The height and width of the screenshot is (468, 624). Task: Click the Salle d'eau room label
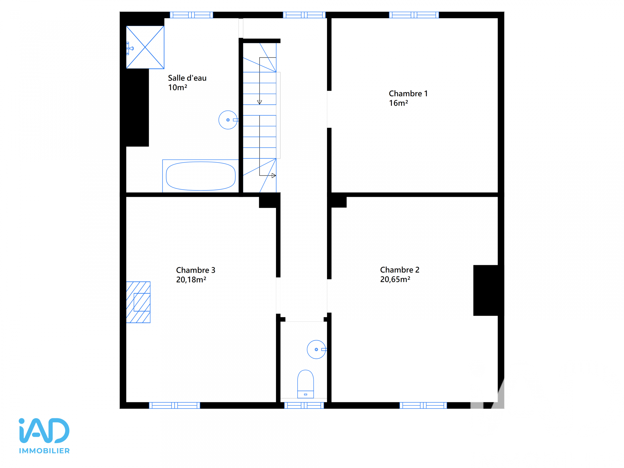point(187,78)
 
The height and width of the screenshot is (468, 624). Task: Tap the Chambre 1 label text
point(408,94)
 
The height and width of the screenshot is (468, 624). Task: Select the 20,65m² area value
point(395,279)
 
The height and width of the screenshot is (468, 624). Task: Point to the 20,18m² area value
point(191,279)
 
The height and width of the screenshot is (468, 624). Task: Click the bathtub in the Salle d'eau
point(201,176)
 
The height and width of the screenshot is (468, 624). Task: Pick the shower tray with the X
point(145,47)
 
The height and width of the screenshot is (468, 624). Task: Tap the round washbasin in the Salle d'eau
point(228,120)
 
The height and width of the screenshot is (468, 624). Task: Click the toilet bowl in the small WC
point(305,384)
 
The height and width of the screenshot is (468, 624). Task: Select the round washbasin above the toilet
point(317,349)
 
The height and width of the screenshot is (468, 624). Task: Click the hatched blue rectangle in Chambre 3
point(138,302)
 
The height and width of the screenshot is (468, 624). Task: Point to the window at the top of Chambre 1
point(414,15)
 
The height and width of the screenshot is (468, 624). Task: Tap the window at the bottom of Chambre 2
point(423,405)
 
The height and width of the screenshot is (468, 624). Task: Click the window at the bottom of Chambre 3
point(175,405)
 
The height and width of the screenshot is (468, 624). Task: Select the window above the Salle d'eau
point(191,15)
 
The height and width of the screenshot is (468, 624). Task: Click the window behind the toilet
point(304,405)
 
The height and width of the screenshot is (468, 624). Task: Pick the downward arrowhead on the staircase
point(259,102)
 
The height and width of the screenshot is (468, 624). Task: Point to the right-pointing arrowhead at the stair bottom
point(274,175)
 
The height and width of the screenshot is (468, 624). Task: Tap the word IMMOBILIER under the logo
point(44,451)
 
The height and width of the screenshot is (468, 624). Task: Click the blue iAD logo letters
point(44,431)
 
